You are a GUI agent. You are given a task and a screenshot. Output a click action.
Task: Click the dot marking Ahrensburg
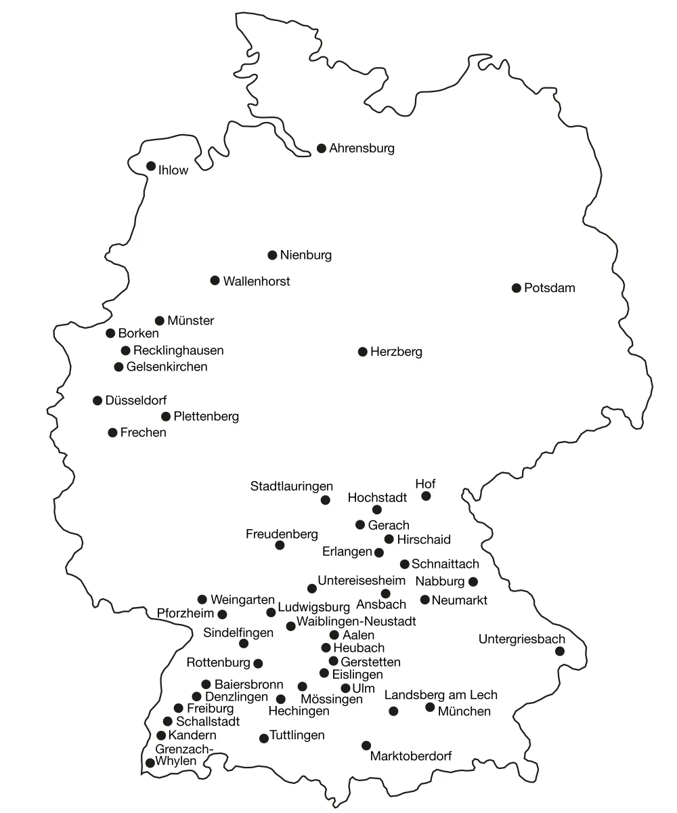[322, 148]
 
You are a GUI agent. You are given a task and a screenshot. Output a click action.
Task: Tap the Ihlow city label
[173, 171]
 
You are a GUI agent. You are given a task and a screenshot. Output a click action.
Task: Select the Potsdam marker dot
[517, 288]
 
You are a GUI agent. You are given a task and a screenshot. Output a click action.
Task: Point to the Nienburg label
[306, 255]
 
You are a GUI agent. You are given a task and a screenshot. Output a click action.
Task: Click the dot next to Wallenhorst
[215, 280]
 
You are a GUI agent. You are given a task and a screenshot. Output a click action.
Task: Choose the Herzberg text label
[396, 352]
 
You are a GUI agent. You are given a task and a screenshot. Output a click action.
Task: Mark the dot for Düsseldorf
[97, 400]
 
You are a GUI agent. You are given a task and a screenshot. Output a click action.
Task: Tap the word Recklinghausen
[179, 350]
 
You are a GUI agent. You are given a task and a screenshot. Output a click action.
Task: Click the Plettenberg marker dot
[166, 417]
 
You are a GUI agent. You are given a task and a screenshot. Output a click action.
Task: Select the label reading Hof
[425, 484]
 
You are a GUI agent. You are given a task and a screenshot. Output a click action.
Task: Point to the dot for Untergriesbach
[560, 651]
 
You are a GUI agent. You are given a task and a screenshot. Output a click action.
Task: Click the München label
[464, 711]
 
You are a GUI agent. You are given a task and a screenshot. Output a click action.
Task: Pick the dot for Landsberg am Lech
[393, 711]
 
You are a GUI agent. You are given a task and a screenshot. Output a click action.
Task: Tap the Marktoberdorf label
[411, 756]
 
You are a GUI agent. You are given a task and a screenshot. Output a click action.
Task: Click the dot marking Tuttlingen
[264, 738]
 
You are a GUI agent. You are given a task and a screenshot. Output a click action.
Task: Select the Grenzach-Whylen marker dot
[150, 763]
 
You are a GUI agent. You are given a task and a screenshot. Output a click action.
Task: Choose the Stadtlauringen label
[292, 486]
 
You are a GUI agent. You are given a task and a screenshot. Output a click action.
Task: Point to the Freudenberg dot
[280, 545]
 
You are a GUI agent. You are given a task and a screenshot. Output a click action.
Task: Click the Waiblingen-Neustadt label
[356, 621]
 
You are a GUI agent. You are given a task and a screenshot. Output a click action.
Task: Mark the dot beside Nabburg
[473, 581]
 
